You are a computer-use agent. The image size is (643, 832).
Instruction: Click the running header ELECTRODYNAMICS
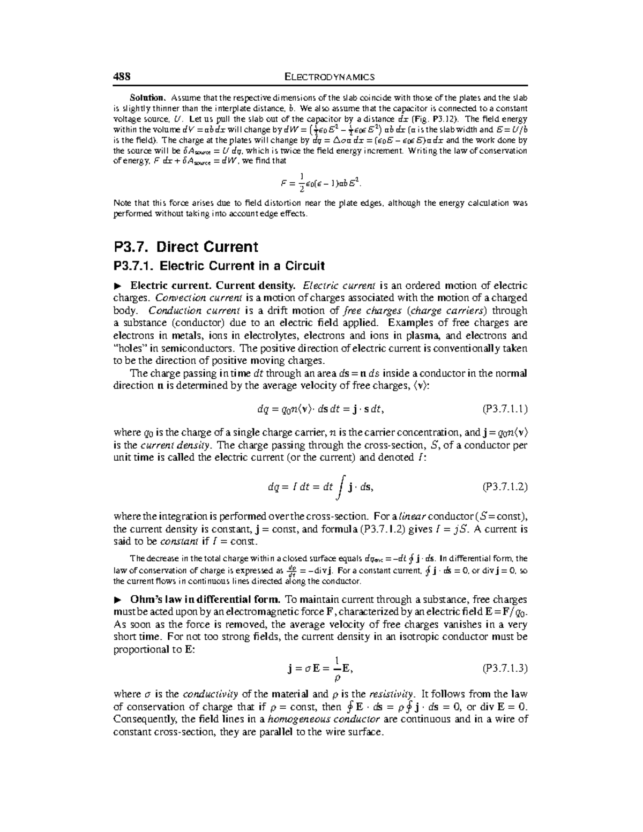[329, 77]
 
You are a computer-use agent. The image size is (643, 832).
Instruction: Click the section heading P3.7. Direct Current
[186, 247]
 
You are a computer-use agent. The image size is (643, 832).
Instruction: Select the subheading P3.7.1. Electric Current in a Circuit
[219, 266]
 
